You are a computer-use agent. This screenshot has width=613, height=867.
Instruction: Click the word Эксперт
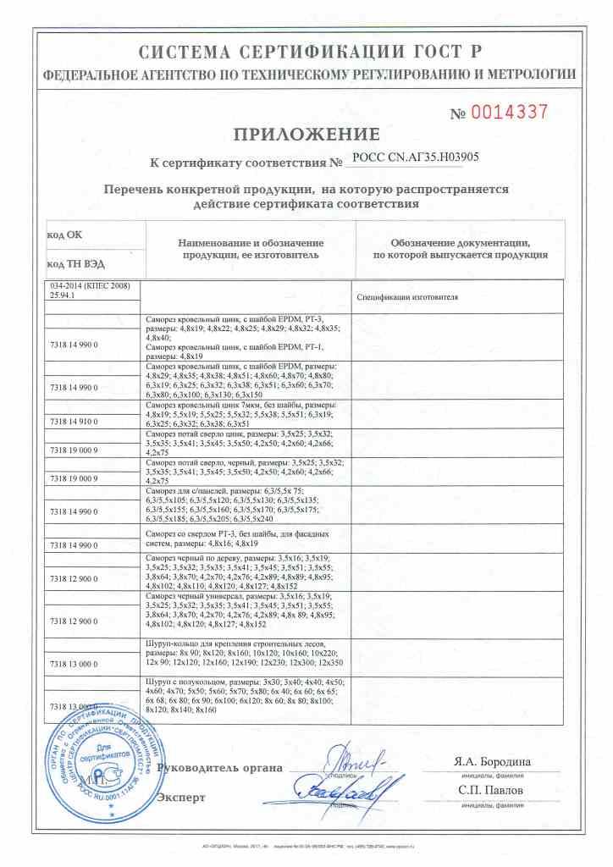(182, 797)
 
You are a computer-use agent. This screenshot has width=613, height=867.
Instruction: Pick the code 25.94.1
(64, 295)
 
